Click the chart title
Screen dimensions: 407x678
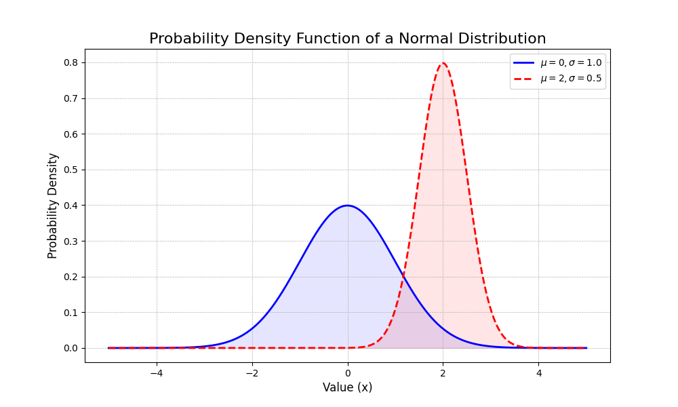[347, 39]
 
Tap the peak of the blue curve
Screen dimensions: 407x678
[348, 206]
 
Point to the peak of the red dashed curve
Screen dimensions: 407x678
[443, 64]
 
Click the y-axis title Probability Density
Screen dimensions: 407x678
[53, 206]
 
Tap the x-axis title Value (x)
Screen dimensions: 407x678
[347, 387]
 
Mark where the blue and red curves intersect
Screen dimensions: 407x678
[404, 275]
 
